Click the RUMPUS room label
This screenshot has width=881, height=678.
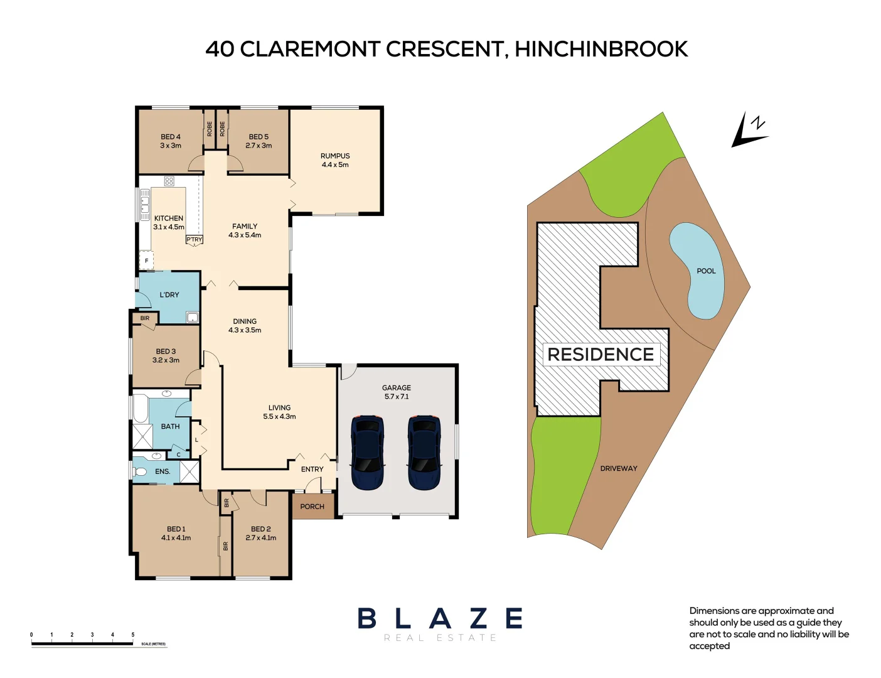[335, 160]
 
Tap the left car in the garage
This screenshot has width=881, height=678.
[367, 452]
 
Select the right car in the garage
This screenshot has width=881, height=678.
[424, 452]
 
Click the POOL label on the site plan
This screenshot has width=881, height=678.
[706, 271]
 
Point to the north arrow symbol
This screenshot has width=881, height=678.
[749, 131]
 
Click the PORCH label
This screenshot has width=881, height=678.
[312, 507]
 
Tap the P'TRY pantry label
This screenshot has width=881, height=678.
[195, 240]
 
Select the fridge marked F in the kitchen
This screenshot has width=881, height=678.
[147, 261]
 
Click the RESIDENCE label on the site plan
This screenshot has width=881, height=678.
[601, 355]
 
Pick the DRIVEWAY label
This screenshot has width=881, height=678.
[618, 468]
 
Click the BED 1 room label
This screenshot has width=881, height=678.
[176, 533]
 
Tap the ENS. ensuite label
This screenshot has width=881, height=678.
[163, 471]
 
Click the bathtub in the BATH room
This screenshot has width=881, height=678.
[140, 409]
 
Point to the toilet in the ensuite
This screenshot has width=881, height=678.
[140, 471]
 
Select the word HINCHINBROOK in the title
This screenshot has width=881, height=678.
[601, 49]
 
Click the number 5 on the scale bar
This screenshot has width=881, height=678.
[133, 635]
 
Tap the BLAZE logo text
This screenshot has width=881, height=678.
[440, 619]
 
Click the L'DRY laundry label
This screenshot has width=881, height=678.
[169, 294]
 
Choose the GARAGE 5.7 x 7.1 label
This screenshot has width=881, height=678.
[397, 392]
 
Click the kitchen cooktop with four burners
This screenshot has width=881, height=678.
[169, 181]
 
